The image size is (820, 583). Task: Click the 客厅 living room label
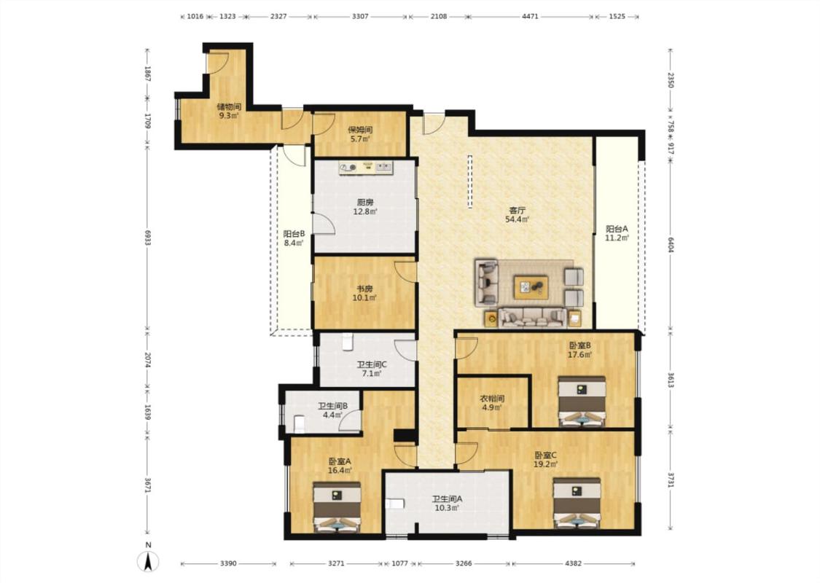[x=518, y=210]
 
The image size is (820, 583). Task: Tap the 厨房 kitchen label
[x=365, y=203]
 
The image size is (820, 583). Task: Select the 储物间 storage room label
[x=229, y=106]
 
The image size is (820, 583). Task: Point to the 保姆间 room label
[x=360, y=130]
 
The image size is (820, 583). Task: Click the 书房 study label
[x=364, y=289]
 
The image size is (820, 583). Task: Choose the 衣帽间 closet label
[x=492, y=399]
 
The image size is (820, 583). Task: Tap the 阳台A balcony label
[x=617, y=229]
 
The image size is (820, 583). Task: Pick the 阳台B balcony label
[x=294, y=234]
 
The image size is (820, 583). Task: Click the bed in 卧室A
[x=337, y=506]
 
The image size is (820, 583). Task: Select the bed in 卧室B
[x=582, y=401]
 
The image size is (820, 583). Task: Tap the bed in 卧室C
[x=577, y=502]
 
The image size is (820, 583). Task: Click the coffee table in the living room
[x=531, y=287]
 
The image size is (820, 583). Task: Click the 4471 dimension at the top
[x=530, y=16]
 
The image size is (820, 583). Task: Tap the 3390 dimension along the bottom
[x=228, y=563]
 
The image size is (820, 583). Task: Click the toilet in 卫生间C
[x=348, y=343]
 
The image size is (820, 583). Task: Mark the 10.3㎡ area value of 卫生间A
[x=447, y=507]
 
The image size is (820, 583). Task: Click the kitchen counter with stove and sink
[x=366, y=168]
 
